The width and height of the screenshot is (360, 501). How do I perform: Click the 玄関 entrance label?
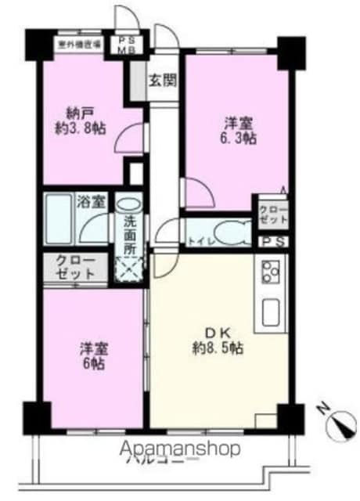pyautogui.click(x=163, y=78)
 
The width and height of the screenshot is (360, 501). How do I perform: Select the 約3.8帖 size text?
pyautogui.click(x=81, y=128)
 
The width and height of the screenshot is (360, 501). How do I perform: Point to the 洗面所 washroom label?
pyautogui.click(x=129, y=232)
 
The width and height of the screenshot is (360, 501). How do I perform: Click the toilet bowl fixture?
pyautogui.click(x=233, y=232)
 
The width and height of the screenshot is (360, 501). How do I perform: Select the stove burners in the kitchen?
pyautogui.click(x=271, y=274)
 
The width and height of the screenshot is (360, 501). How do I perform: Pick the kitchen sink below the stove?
pyautogui.click(x=272, y=312)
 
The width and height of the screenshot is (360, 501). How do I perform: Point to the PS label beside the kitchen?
pyautogui.click(x=273, y=242)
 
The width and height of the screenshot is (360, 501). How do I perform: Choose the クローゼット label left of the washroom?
pyautogui.click(x=75, y=268)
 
